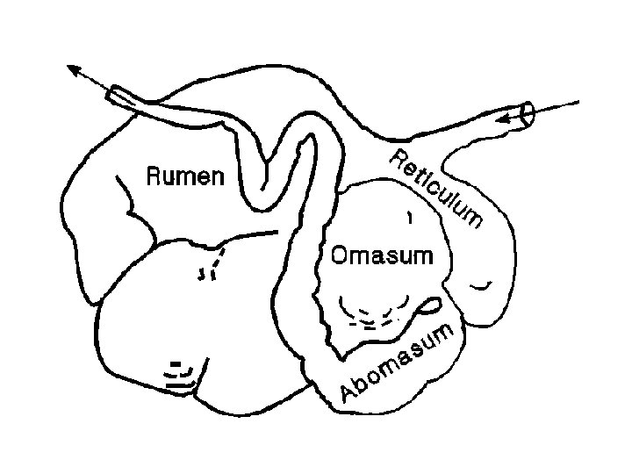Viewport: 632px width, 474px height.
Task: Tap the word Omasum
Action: tap(382, 256)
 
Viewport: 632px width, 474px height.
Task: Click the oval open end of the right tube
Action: tap(527, 114)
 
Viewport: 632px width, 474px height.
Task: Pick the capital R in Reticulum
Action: tap(398, 161)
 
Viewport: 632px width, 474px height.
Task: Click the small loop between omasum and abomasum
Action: tap(431, 306)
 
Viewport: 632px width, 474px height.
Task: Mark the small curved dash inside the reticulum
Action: tap(480, 285)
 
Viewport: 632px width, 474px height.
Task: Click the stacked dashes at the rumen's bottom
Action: tap(181, 375)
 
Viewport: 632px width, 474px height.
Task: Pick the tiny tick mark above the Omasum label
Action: tap(408, 215)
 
